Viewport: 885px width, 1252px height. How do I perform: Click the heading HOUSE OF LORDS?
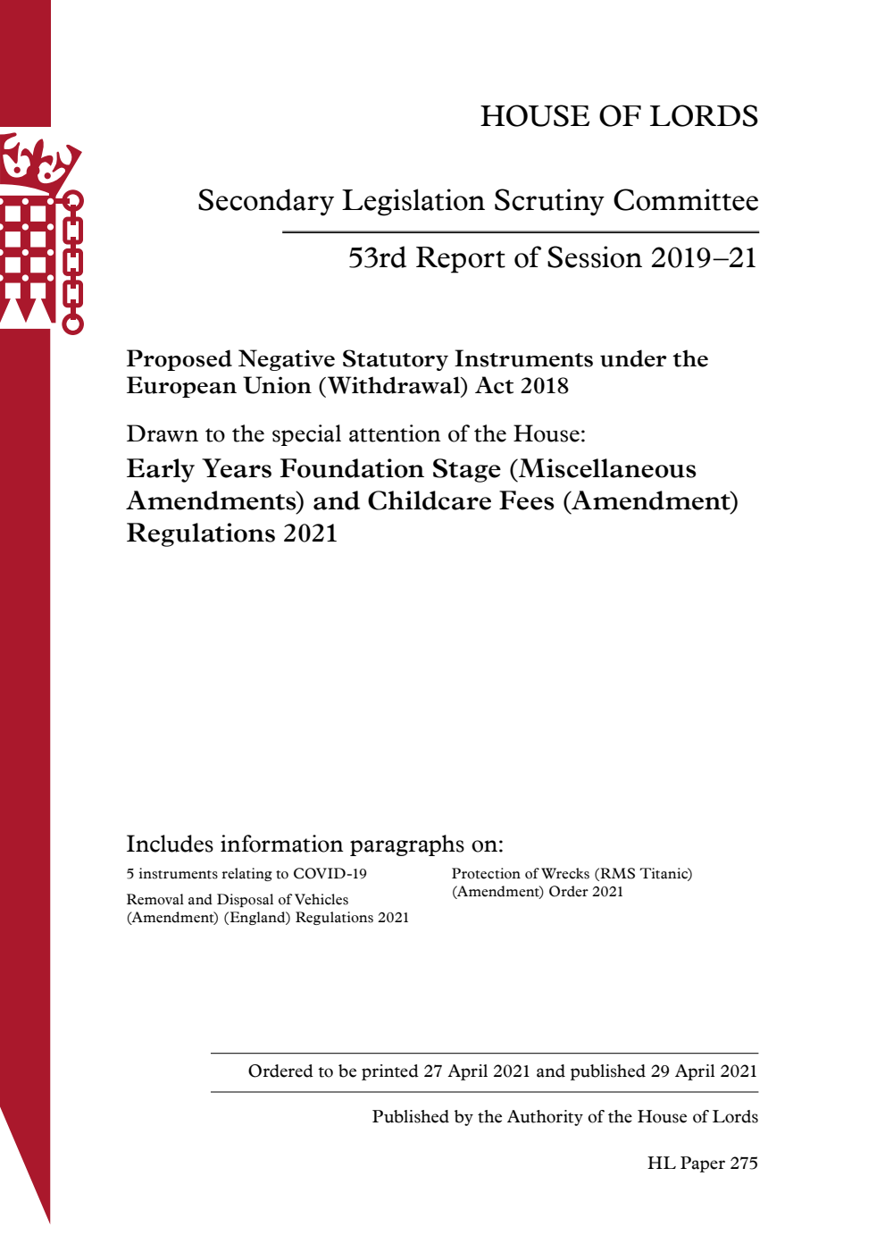pyautogui.click(x=619, y=116)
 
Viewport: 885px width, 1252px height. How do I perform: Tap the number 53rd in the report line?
pyautogui.click(x=377, y=258)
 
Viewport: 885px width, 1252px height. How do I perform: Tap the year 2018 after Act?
pyautogui.click(x=544, y=386)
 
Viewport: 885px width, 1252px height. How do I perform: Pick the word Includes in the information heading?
pyautogui.click(x=170, y=844)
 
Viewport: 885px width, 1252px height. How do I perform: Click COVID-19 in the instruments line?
pyautogui.click(x=330, y=874)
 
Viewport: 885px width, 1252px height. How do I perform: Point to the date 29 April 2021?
pyautogui.click(x=704, y=1071)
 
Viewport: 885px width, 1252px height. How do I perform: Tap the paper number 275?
pyautogui.click(x=744, y=1164)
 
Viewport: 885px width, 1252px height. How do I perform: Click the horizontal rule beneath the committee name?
pyautogui.click(x=520, y=232)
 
